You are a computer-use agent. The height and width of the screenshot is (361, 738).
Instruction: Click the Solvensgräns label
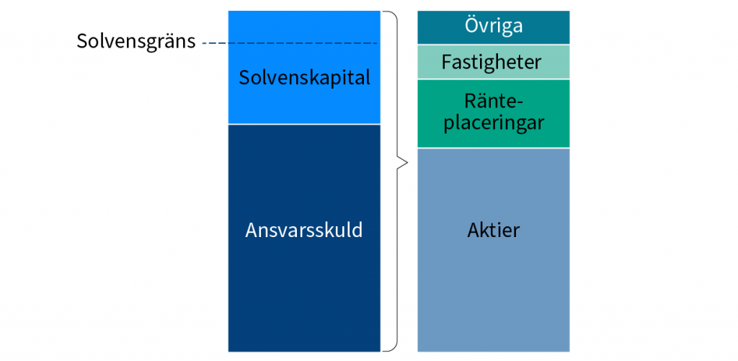(136, 41)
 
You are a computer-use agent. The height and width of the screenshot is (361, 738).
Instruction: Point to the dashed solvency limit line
(290, 43)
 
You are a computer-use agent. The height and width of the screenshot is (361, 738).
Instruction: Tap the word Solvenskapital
(305, 78)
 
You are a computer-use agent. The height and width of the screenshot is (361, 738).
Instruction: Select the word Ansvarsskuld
(304, 231)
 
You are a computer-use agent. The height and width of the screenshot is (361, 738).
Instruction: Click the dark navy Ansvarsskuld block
(304, 239)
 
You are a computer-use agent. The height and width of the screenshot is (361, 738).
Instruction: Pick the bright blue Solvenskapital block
(304, 67)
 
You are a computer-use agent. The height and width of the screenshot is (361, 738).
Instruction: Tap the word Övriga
(494, 25)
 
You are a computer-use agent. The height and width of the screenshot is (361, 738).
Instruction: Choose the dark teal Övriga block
(493, 27)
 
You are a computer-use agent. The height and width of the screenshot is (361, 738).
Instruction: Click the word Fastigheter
(492, 63)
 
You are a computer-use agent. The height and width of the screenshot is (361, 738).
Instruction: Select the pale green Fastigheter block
(493, 62)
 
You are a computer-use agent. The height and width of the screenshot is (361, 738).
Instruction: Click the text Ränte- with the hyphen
(494, 100)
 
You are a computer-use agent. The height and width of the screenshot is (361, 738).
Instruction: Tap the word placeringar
(494, 123)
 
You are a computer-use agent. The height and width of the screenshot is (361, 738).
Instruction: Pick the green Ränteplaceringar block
(493, 113)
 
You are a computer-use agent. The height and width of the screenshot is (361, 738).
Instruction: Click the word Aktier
(493, 231)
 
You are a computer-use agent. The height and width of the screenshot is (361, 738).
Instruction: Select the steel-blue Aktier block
(493, 250)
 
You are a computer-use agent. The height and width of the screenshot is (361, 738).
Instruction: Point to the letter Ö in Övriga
(473, 25)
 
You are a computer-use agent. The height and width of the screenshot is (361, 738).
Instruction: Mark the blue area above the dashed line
(304, 27)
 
